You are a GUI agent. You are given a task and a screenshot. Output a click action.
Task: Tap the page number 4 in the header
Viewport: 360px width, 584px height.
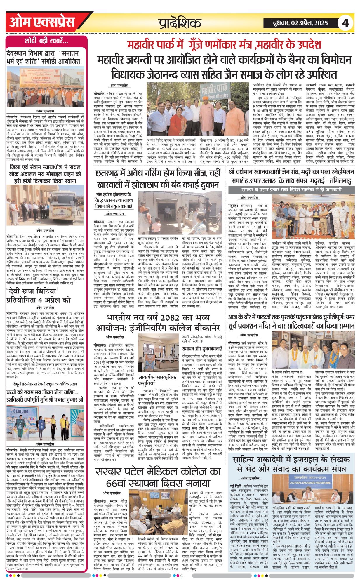point(345,23)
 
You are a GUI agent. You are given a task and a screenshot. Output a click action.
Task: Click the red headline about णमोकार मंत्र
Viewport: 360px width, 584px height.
point(224,45)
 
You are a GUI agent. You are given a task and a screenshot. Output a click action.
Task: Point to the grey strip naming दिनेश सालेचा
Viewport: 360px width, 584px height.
point(290,190)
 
